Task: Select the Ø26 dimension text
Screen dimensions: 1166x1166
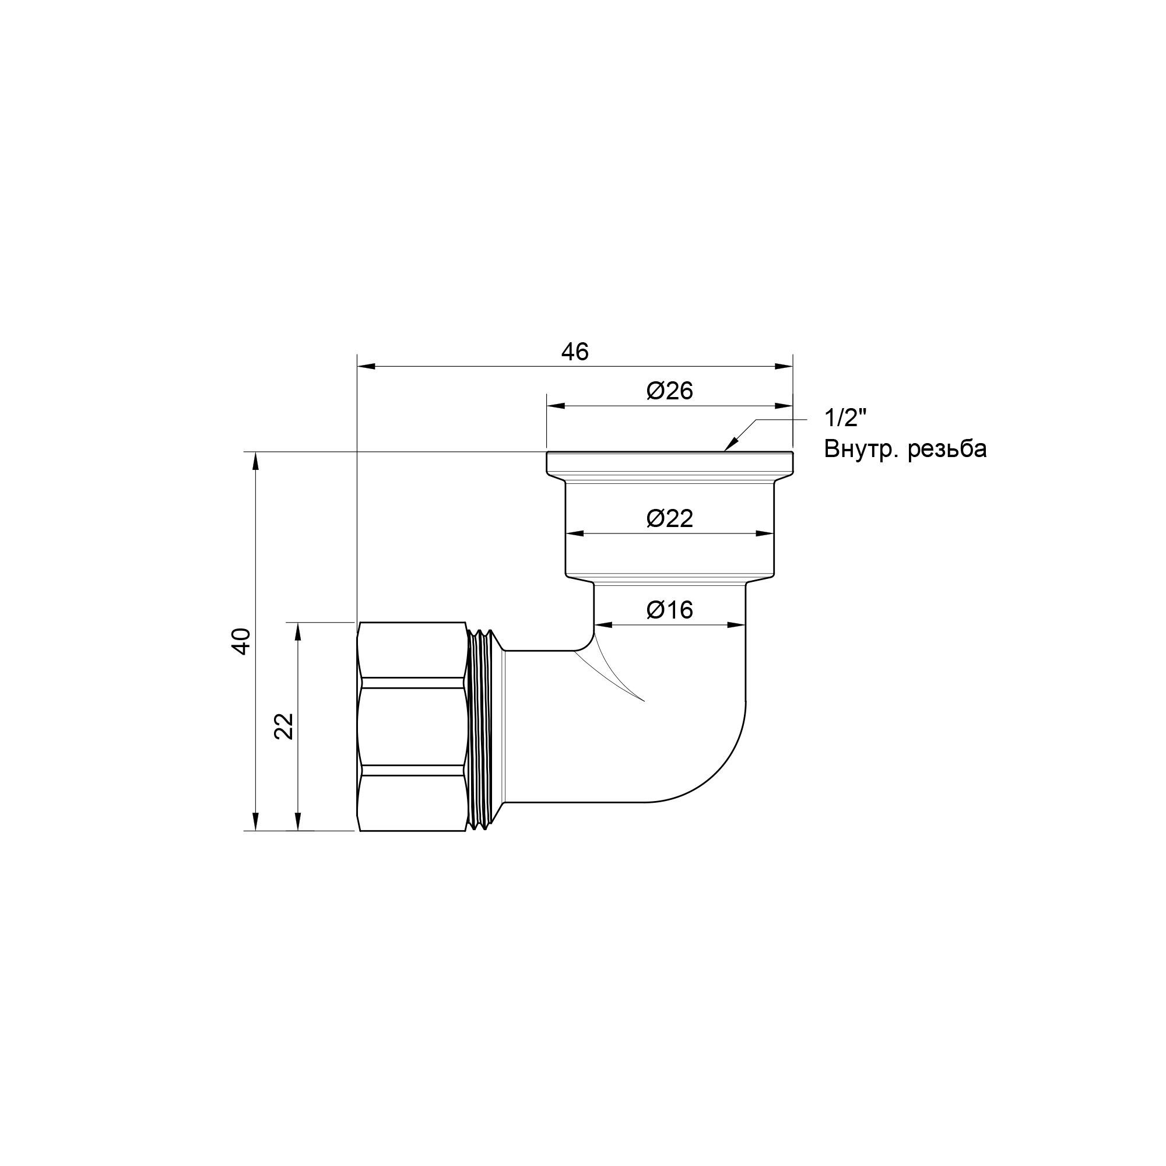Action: click(x=669, y=391)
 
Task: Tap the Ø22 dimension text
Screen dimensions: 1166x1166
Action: click(x=669, y=518)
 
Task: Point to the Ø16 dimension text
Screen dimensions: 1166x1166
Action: click(x=669, y=610)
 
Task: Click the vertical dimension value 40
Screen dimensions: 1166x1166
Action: click(x=241, y=641)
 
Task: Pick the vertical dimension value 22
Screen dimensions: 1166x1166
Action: click(x=284, y=726)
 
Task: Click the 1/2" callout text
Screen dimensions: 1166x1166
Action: click(x=845, y=417)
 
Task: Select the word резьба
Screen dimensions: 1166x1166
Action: click(x=947, y=449)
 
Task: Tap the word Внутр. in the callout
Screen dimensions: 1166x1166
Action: click(x=862, y=449)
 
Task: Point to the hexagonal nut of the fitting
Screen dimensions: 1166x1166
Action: click(x=412, y=726)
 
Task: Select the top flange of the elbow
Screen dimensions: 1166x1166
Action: click(x=669, y=463)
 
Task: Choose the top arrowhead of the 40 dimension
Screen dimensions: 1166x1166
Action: click(x=255, y=461)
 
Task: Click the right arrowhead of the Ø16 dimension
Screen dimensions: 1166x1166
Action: click(x=737, y=625)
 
